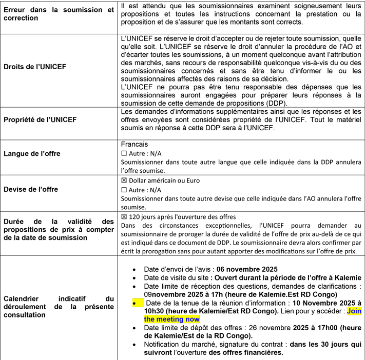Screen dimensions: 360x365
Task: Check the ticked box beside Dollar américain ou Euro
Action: tap(123, 181)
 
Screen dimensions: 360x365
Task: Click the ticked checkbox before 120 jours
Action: tap(123, 217)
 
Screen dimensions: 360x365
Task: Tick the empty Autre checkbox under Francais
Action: tap(123, 154)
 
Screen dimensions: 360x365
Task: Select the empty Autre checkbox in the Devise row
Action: tap(123, 190)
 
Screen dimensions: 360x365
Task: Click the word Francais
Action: tap(133, 145)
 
